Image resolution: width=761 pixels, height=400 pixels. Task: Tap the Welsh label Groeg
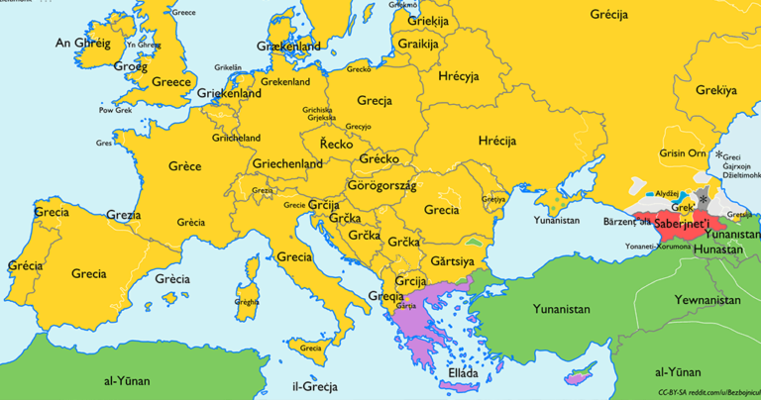click(x=131, y=66)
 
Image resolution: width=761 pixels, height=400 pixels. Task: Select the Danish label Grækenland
click(x=288, y=47)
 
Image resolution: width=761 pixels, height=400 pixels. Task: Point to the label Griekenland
click(x=230, y=93)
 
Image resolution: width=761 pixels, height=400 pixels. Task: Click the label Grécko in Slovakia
click(x=379, y=158)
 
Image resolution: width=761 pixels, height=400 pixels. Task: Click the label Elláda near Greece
click(x=464, y=375)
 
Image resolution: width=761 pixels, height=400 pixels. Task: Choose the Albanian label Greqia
click(x=386, y=294)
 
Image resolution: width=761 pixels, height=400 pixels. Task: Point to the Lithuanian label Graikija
click(x=418, y=44)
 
